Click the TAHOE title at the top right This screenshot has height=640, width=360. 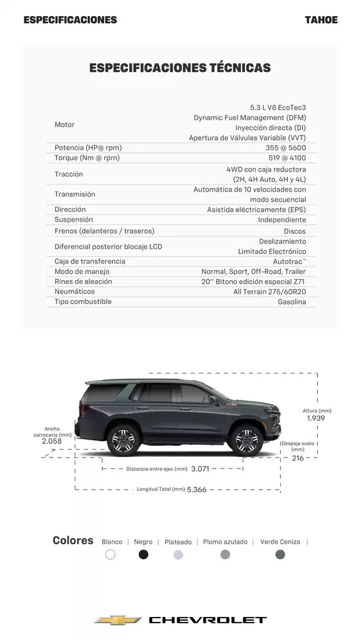tap(321, 20)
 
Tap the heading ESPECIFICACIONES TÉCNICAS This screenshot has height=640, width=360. tap(180, 67)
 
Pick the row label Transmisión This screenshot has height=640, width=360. tap(75, 194)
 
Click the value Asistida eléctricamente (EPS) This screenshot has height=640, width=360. tap(256, 209)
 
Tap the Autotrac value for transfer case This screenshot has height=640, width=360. tap(289, 262)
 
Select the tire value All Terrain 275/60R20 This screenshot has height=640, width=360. tap(269, 292)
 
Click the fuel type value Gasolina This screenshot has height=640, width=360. tap(292, 302)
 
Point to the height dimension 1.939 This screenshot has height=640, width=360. tap(316, 418)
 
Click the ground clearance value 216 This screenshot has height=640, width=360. tap(298, 458)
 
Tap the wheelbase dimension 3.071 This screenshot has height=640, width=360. tap(201, 469)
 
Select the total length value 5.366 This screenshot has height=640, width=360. tap(197, 490)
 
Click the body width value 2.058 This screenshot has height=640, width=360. tap(51, 441)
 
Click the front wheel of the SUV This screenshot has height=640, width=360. tap(246, 440)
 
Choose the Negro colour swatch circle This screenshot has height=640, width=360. tap(143, 555)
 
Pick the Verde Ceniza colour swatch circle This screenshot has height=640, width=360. tap(280, 555)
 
